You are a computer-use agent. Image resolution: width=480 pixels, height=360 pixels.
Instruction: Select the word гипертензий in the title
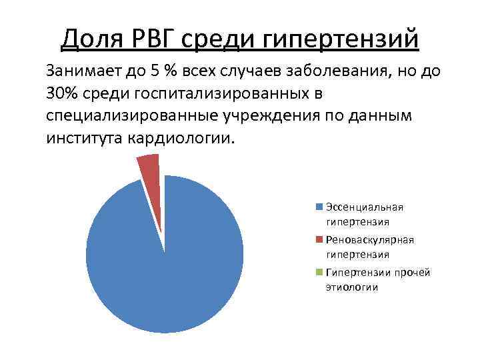[x=341, y=38]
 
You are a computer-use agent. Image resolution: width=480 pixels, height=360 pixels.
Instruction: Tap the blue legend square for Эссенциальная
[x=320, y=207]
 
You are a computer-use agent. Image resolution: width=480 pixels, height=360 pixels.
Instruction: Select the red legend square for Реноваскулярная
[x=320, y=239]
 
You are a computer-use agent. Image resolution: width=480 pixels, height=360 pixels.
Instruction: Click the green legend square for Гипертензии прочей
[x=320, y=272]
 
